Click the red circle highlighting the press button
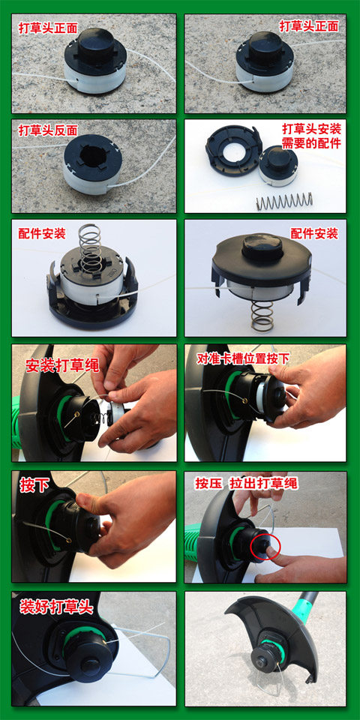(265, 546)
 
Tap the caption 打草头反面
(48, 130)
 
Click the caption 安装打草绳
(62, 365)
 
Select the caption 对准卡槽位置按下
(242, 358)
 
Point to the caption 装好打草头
(56, 607)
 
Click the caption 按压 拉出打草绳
(246, 483)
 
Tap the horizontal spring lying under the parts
(284, 200)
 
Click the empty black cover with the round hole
(233, 150)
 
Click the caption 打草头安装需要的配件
(311, 136)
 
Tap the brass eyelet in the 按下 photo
(68, 541)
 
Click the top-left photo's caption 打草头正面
(48, 28)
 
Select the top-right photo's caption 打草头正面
(309, 26)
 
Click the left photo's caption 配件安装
(41, 233)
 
